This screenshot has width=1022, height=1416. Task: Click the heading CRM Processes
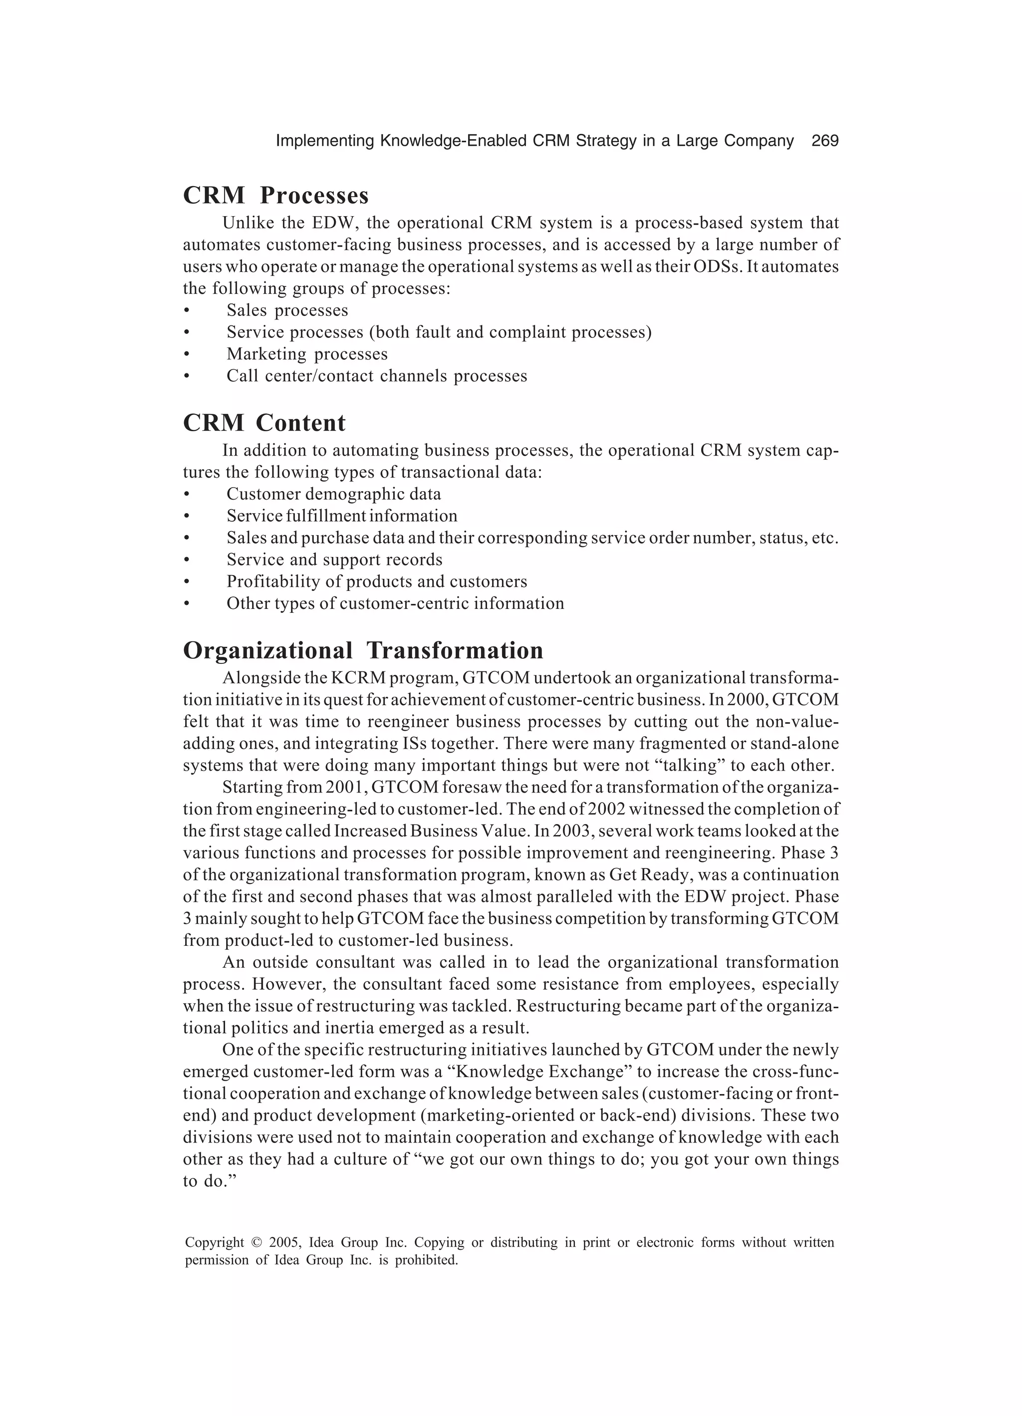pyautogui.click(x=275, y=196)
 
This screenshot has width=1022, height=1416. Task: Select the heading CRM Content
pyautogui.click(x=263, y=423)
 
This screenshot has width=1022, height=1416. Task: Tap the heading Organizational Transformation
pyautogui.click(x=363, y=650)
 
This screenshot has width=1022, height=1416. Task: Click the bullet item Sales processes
pyautogui.click(x=287, y=310)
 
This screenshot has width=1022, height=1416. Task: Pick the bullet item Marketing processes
pyautogui.click(x=306, y=354)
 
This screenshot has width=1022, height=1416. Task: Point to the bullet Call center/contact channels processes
pyautogui.click(x=376, y=376)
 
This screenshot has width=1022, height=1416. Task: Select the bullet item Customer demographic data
pyautogui.click(x=333, y=494)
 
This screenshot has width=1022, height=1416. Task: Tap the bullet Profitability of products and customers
pyautogui.click(x=376, y=581)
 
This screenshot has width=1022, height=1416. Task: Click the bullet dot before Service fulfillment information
pyautogui.click(x=186, y=516)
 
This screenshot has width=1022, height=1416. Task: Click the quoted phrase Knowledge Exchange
pyautogui.click(x=537, y=1072)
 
